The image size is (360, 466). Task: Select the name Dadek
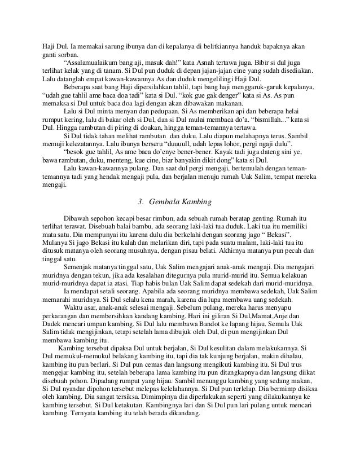click(52, 327)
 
